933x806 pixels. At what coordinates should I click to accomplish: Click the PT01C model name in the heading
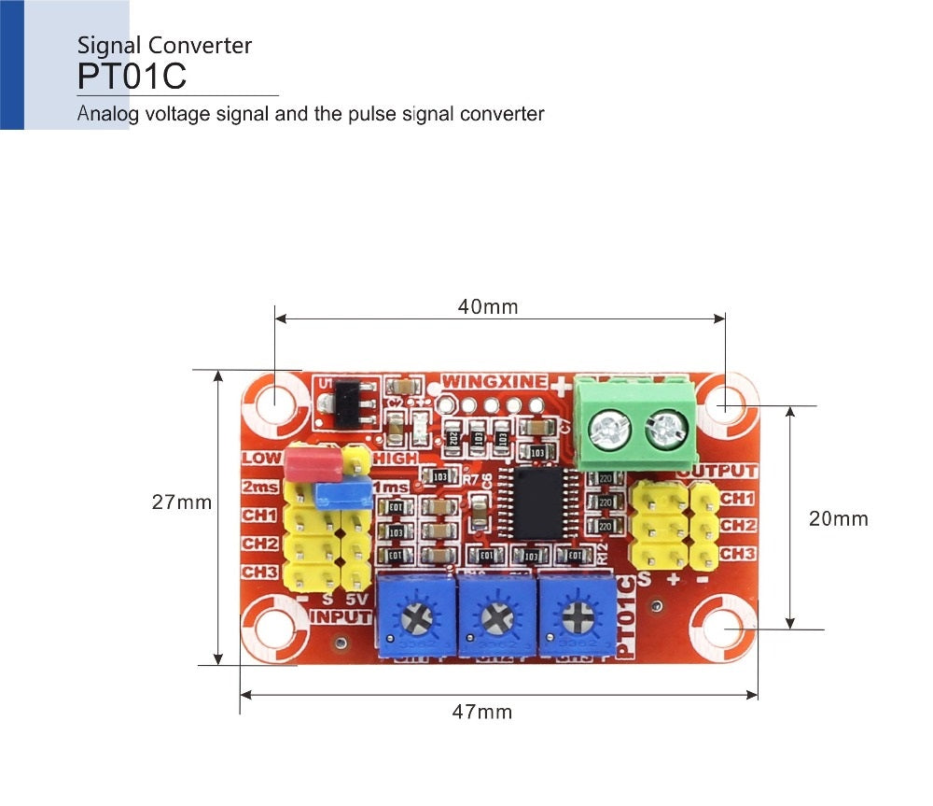pos(132,77)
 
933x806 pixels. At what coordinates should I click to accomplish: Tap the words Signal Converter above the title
pos(164,45)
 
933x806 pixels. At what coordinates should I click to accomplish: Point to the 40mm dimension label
pos(487,306)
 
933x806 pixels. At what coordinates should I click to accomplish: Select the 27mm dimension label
pos(182,502)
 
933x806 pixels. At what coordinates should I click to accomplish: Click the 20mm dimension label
pos(838,518)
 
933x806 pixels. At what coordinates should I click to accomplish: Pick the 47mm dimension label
pos(481,712)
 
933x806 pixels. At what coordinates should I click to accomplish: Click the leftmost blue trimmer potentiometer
pos(413,615)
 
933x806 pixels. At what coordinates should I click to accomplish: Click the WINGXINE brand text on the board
pos(494,381)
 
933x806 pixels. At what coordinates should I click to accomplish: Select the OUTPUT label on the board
pos(718,472)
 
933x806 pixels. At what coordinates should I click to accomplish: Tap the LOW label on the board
pos(260,459)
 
